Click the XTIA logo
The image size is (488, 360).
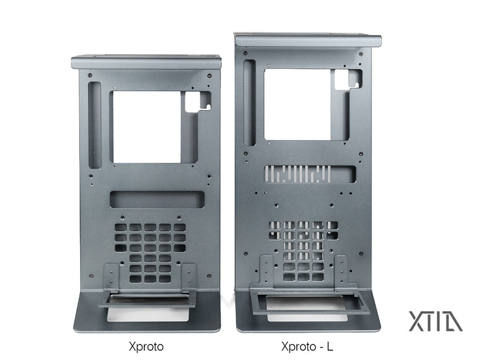pos(435,322)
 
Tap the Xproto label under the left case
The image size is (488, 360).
pos(146,346)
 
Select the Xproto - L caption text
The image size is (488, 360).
pos(307,346)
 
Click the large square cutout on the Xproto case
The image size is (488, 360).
pos(146,127)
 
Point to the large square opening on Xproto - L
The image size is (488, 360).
pos(297,105)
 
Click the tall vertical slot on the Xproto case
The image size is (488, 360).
pos(95,125)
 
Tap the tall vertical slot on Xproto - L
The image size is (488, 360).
pos(250,103)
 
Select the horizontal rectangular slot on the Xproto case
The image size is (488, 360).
pos(157,200)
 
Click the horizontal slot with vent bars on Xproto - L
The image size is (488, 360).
pos(310,174)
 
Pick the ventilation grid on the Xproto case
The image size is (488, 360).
pos(150,253)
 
